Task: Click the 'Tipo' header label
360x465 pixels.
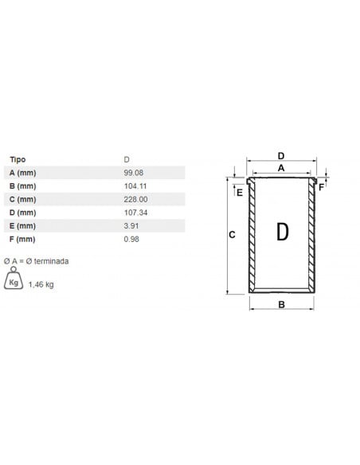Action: coord(17,158)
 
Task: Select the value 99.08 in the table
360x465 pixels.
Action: coord(135,172)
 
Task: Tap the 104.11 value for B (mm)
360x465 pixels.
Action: coord(136,186)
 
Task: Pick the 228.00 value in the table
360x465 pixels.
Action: coord(136,199)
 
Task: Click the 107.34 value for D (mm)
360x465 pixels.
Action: coord(136,213)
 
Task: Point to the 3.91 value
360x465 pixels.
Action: coord(133,226)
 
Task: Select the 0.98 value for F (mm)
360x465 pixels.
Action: coord(133,240)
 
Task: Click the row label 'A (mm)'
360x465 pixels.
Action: coord(22,172)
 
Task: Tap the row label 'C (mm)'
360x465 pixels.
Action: coord(22,199)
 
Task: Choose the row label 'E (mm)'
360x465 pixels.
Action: coord(22,226)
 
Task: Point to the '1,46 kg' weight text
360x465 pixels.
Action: coord(42,283)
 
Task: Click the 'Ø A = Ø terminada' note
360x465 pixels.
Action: coord(35,260)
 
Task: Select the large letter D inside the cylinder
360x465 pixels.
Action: coord(281,232)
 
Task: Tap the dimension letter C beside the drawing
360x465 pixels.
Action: coord(231,234)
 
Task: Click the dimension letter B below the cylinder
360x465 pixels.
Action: coord(281,305)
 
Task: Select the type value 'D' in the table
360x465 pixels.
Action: coord(127,158)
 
